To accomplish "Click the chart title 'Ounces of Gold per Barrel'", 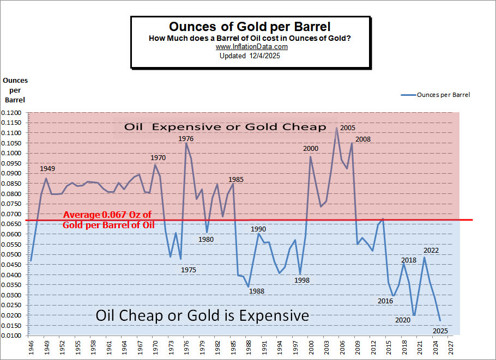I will tap(250, 27).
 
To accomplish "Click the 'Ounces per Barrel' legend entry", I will tap(443, 95).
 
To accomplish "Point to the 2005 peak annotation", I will tap(348, 128).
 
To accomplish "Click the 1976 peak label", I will tap(186, 139).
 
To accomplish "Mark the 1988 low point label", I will tap(257, 291).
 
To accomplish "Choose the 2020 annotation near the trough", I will tap(402, 320).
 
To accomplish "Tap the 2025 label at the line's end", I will tap(440, 331).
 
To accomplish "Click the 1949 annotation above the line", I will tap(47, 169).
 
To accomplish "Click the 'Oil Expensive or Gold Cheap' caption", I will tap(225, 127).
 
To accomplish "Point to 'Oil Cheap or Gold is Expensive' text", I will tap(202, 316).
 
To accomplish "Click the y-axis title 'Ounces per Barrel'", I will tap(15, 90).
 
